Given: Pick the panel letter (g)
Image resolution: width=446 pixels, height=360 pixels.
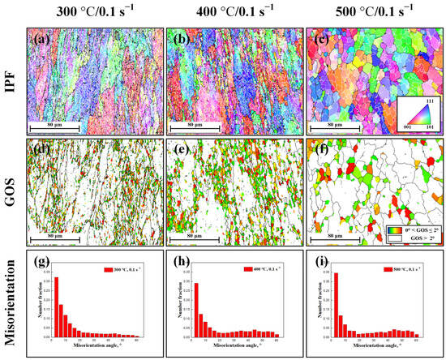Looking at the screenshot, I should click(x=42, y=263).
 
